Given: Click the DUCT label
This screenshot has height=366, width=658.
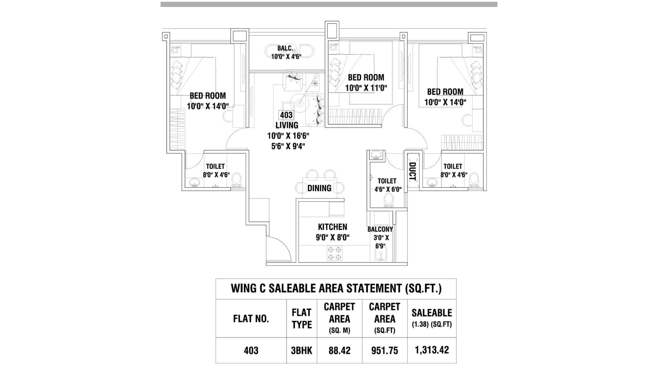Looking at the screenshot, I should [x=412, y=171].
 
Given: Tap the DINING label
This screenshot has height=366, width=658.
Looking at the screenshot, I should [x=319, y=188].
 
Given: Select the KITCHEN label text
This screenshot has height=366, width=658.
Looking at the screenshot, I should [x=332, y=227].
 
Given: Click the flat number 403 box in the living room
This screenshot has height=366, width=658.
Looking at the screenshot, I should [x=286, y=115].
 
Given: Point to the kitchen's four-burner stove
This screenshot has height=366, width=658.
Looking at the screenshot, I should [x=334, y=253].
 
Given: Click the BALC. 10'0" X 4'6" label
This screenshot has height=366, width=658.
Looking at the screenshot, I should [x=286, y=52].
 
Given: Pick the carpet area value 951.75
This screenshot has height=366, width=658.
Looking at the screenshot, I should [x=385, y=351].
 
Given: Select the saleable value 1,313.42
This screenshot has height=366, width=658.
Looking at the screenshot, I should [x=431, y=350].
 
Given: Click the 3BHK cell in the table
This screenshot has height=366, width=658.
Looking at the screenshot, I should [x=301, y=351].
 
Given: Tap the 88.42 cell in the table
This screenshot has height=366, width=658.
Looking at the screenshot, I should [x=339, y=351].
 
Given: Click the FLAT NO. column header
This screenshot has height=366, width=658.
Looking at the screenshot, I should [x=251, y=319].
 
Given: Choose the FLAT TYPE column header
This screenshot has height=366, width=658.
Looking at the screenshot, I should [x=301, y=319].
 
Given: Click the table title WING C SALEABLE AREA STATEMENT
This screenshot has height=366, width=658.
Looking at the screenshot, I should [x=336, y=288].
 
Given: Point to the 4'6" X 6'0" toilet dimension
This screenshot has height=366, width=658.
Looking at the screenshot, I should [x=387, y=189].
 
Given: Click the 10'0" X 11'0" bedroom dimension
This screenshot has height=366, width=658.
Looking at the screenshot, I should [x=366, y=88].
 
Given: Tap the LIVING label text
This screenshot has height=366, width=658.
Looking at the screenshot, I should [x=287, y=125].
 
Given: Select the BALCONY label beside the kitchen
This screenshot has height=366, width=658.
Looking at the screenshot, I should [x=380, y=229].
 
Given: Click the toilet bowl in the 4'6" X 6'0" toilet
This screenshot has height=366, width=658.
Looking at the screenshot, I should [x=388, y=200].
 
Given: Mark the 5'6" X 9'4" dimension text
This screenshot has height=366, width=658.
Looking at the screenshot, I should [x=288, y=146].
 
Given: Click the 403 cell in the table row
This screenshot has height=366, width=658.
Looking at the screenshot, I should [x=251, y=351].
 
